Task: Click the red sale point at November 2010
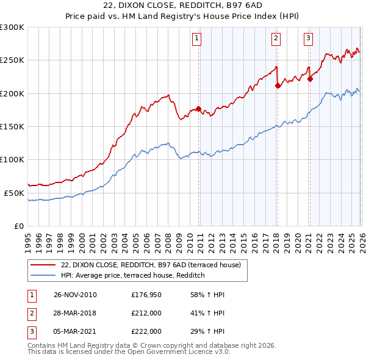click(x=199, y=109)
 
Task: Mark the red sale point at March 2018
click(x=278, y=85)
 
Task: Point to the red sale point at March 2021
click(x=310, y=79)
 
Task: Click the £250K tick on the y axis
click(x=12, y=60)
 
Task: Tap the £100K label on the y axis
click(x=12, y=159)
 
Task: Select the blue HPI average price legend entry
click(x=132, y=276)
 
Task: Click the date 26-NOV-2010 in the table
click(x=75, y=295)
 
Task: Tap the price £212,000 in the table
click(x=146, y=314)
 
